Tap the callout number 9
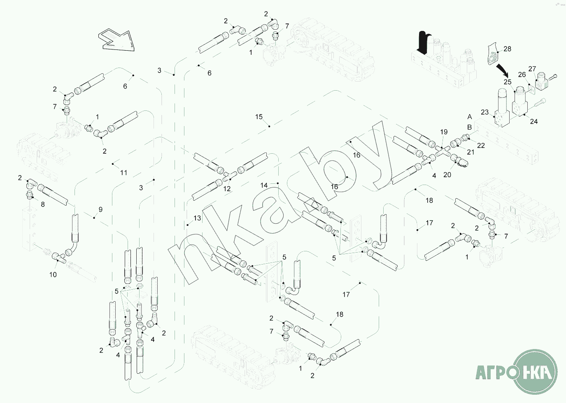click(100, 210)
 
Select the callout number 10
click(53, 275)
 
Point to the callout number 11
click(124, 173)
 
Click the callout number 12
click(227, 189)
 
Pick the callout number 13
click(198, 218)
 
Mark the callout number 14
click(264, 185)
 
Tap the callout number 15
click(259, 117)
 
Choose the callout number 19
click(444, 132)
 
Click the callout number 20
click(447, 175)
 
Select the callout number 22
click(481, 145)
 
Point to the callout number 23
click(484, 112)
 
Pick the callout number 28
click(507, 49)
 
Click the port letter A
click(470, 117)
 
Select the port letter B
click(470, 127)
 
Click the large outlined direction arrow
click(117, 40)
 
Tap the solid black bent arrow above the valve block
click(424, 42)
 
